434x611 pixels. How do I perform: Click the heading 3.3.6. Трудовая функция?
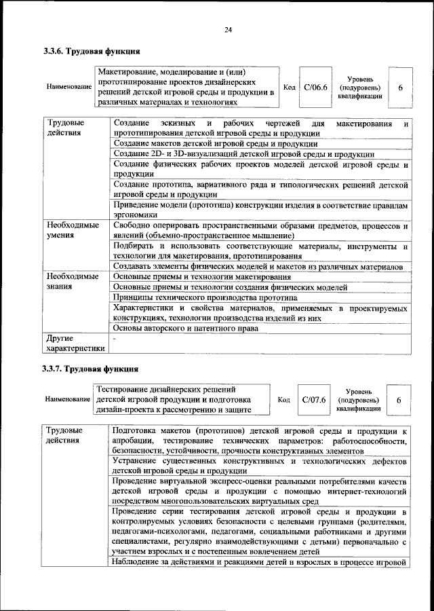click(x=92, y=50)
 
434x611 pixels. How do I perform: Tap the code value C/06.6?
click(x=315, y=88)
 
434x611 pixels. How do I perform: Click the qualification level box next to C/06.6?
click(x=400, y=88)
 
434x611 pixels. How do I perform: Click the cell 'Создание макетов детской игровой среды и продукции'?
click(x=216, y=144)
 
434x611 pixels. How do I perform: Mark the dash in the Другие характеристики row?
click(x=114, y=337)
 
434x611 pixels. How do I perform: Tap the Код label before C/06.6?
click(x=288, y=88)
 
